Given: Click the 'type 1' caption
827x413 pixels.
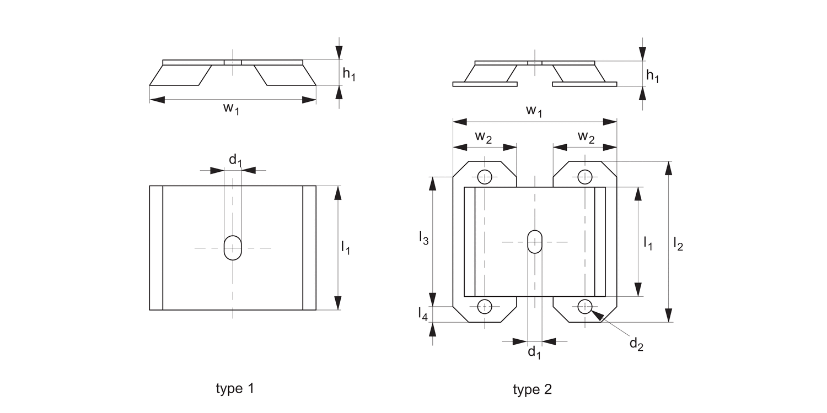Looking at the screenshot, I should coord(235,389).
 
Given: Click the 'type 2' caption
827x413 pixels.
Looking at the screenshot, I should coord(532,390).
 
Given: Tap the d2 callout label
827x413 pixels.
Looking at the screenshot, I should coord(636,344).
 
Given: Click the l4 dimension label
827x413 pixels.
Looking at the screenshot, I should coord(422,314).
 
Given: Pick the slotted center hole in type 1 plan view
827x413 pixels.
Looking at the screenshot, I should coord(233,248).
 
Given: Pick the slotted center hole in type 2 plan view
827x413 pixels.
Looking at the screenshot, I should coord(534,242).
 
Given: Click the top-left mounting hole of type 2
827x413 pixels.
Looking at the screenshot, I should coord(485,177).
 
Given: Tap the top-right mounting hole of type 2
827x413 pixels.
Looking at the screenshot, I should coord(584,177).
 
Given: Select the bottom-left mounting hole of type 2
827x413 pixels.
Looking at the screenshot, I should coord(485,306).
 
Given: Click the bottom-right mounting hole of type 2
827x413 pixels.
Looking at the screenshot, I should coord(584,306).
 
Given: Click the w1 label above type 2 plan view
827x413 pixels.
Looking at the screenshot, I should coord(534,111).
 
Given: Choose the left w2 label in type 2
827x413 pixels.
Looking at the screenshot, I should coord(484,138).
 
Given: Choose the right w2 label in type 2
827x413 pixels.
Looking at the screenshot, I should coord(586,138).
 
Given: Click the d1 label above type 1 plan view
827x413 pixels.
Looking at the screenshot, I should coord(235,160).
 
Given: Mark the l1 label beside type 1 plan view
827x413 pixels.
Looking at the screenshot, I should coord(346,248).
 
